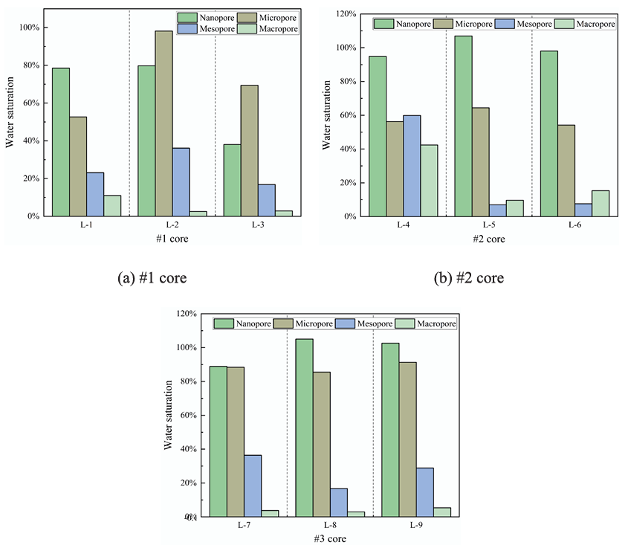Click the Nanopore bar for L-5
[464, 126]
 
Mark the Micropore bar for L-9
[407, 439]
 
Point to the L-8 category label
[329, 525]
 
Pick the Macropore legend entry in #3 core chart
[424, 323]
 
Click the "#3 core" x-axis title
[329, 538]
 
